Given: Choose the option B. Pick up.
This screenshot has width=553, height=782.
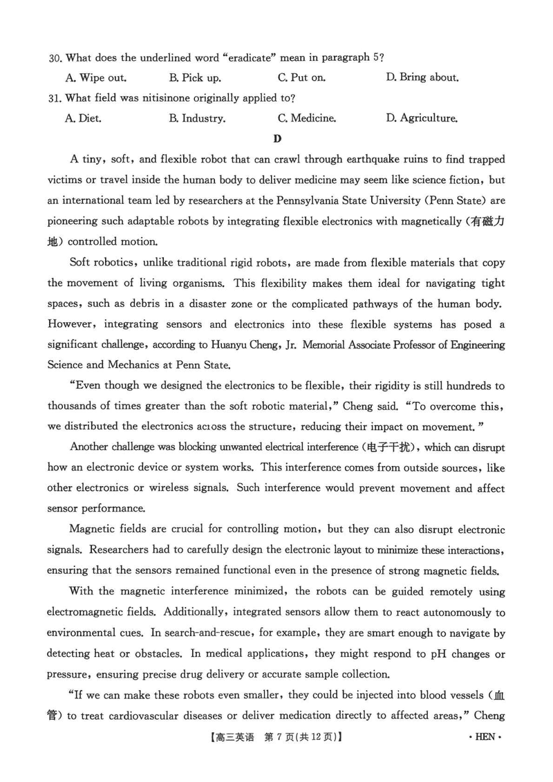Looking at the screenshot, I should click(x=195, y=77).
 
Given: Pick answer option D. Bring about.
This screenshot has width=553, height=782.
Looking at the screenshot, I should click(x=422, y=77).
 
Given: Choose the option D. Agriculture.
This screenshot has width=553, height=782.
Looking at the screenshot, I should click(x=421, y=118).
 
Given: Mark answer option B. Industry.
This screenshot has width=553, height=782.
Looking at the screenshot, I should click(x=197, y=118).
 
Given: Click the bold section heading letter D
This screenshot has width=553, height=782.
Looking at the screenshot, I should click(x=277, y=138).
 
